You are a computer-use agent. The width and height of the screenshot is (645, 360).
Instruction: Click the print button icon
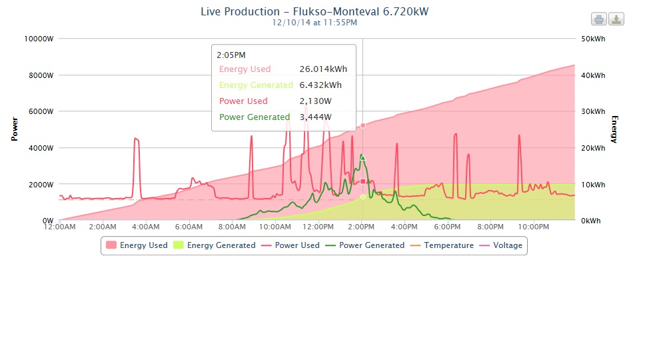point(599,19)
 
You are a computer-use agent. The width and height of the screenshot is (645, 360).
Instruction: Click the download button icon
point(617,19)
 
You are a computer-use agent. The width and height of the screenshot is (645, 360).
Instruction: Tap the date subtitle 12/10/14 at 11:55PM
point(315,22)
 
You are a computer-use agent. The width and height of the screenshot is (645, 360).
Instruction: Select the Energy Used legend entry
point(137,245)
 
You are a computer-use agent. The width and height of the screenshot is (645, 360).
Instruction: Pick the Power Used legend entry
point(291,245)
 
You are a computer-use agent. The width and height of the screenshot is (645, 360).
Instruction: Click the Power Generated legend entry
point(364,245)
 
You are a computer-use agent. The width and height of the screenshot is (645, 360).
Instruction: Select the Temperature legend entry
point(443,245)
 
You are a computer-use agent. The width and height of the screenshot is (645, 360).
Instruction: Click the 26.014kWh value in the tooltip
point(323,69)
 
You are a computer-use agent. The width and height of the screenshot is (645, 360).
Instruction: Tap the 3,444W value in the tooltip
point(315,117)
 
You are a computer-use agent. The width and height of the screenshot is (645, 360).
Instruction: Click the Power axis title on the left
point(14,129)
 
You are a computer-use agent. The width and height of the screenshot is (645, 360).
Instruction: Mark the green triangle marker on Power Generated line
point(362,157)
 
